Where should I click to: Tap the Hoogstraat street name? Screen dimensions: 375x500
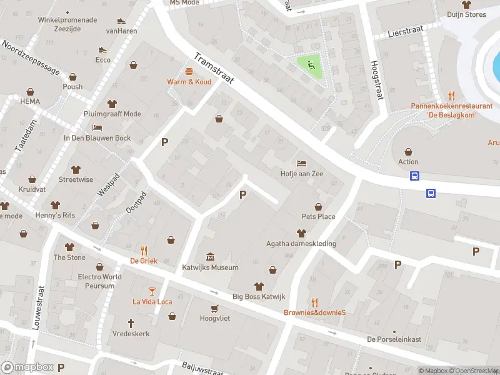click(x=376, y=80)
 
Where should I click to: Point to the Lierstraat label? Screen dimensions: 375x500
click(x=401, y=31)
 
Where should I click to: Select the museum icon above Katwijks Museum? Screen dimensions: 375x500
click(x=210, y=257)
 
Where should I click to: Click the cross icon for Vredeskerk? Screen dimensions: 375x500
click(x=131, y=323)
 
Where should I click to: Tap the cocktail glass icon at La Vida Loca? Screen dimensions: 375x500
click(x=152, y=291)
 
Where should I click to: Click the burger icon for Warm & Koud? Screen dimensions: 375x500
click(x=188, y=71)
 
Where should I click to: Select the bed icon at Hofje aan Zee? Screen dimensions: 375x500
click(x=302, y=164)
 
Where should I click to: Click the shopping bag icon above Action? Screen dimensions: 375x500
click(x=408, y=151)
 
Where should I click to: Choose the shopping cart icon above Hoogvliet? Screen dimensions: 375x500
click(x=215, y=308)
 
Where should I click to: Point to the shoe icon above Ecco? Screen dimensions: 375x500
click(x=103, y=49)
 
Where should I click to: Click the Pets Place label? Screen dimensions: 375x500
click(x=318, y=217)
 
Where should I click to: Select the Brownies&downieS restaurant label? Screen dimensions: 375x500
click(x=314, y=312)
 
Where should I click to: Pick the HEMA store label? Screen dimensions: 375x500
click(x=29, y=101)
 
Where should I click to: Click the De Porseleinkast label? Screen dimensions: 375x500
click(x=394, y=339)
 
